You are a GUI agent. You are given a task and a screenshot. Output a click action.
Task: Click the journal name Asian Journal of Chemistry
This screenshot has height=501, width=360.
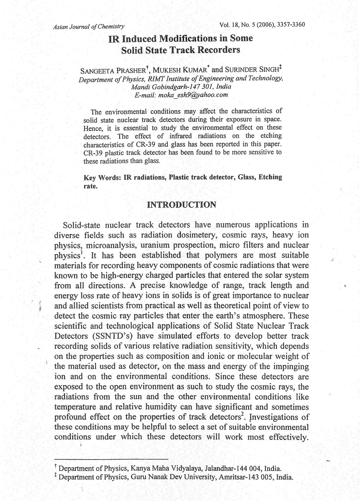(x=89, y=27)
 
